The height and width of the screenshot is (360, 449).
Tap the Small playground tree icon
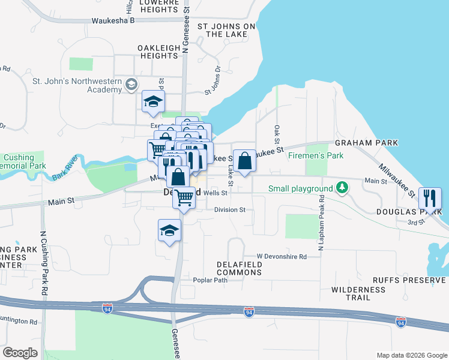point(342,188)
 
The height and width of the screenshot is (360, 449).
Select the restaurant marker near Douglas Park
point(430,198)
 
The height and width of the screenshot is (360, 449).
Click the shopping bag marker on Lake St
point(244,161)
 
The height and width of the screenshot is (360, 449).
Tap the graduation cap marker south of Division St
point(170,230)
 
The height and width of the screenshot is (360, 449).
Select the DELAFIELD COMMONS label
point(240,268)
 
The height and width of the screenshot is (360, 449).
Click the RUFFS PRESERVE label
point(411,280)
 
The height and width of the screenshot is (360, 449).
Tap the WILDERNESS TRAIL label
point(358,294)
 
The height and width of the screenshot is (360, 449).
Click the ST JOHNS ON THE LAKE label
point(226,31)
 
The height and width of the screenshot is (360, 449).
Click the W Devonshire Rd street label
point(282,256)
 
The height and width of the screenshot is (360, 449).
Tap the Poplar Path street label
point(210,280)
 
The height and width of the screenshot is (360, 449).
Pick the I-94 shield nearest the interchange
point(107,309)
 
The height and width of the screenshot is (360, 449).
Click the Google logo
point(20,353)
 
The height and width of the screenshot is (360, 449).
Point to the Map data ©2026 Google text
point(411,355)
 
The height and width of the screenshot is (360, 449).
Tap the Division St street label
point(230,210)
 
